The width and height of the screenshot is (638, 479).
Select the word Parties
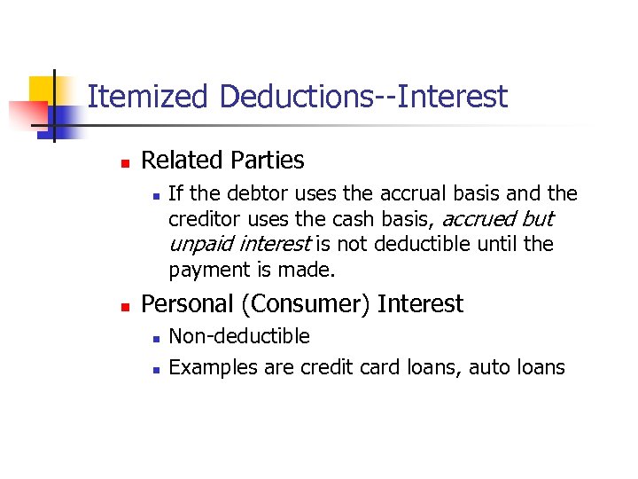click(266, 161)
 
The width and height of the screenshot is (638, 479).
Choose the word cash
click(363, 218)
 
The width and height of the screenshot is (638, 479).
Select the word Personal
click(187, 304)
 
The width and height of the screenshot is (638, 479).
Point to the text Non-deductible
click(239, 336)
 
